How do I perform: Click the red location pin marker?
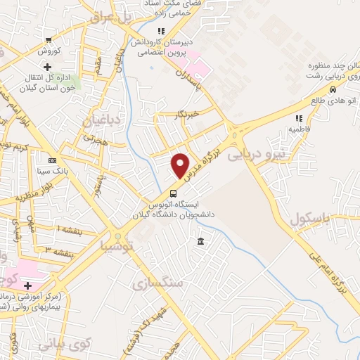tap(181, 165)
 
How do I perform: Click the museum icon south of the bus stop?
tap(201, 242)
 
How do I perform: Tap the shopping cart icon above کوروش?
tap(48, 40)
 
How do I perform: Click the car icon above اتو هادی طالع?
tap(332, 89)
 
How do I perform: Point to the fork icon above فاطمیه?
tap(298, 118)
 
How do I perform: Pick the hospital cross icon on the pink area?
tap(27, 285)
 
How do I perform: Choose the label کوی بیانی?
tap(65, 345)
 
